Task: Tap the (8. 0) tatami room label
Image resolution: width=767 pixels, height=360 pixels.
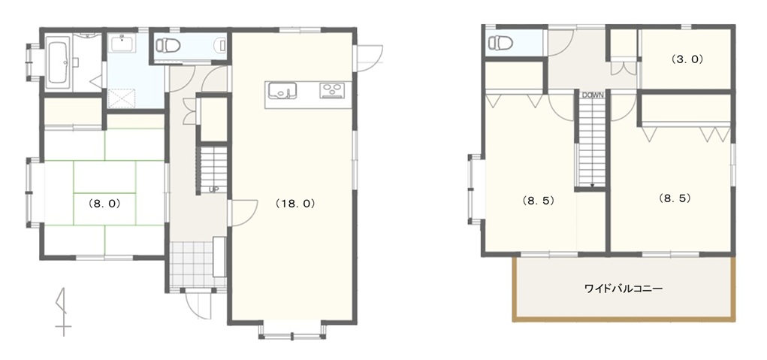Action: (104, 204)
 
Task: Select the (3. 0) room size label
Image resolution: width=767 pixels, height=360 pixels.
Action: (687, 59)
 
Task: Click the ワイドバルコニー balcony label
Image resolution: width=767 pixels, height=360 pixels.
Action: (624, 289)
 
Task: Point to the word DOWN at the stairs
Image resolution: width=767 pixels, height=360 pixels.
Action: (593, 95)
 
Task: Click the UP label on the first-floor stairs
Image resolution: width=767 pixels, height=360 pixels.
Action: (213, 189)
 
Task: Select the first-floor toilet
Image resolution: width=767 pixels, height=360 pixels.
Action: (168, 46)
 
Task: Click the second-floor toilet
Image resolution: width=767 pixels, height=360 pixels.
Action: (500, 43)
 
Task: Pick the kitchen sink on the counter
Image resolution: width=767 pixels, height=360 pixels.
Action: (282, 91)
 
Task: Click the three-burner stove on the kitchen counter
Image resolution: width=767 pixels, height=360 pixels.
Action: (333, 91)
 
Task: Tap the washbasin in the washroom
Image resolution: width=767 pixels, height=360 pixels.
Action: (121, 44)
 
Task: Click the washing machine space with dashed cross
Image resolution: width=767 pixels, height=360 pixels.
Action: (121, 98)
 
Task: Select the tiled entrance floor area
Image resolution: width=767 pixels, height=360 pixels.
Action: (192, 265)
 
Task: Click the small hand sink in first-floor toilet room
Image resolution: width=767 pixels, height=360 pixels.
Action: (222, 46)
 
